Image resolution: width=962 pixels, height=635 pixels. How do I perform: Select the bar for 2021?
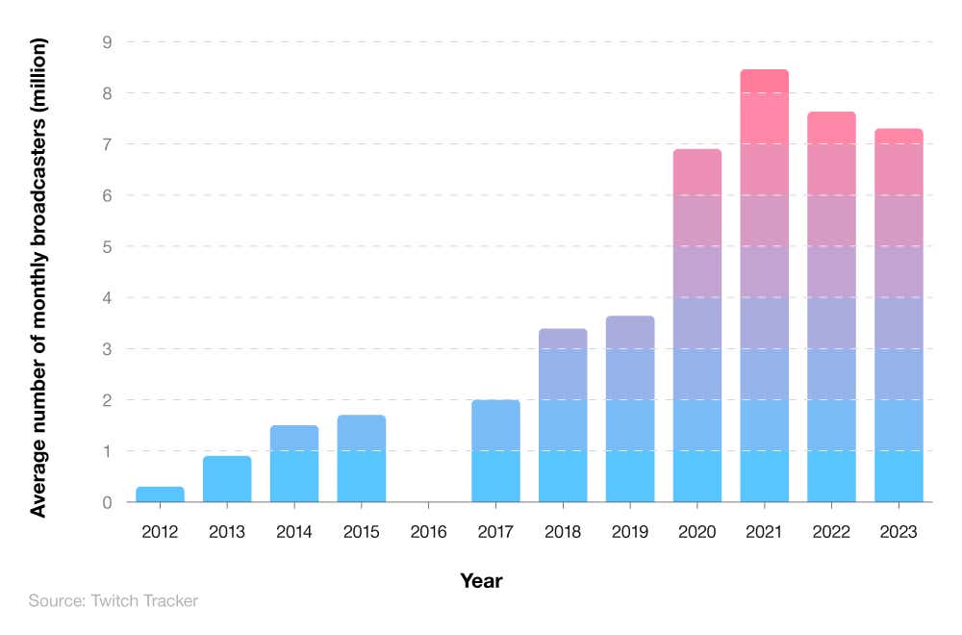point(764,286)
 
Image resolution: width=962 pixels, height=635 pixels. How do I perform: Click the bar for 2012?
point(160,495)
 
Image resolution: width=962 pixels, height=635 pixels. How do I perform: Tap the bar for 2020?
point(696,325)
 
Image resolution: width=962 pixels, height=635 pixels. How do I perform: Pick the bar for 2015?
point(361,459)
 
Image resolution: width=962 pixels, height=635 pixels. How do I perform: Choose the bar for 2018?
point(563,416)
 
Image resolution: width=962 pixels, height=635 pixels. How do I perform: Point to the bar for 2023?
point(898,316)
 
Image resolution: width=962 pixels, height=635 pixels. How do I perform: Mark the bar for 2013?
point(227,479)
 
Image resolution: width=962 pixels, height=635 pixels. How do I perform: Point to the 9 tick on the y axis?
point(107,42)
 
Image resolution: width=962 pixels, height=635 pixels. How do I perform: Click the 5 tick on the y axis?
point(107,246)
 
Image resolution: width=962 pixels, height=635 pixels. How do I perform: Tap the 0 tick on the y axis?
point(107,502)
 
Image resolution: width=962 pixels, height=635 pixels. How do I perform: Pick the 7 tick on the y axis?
point(107,144)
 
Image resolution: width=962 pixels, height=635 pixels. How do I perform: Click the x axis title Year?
point(481,581)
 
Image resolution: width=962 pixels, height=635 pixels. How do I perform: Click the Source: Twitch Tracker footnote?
point(114,601)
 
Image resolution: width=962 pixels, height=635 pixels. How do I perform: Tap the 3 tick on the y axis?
point(107,348)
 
